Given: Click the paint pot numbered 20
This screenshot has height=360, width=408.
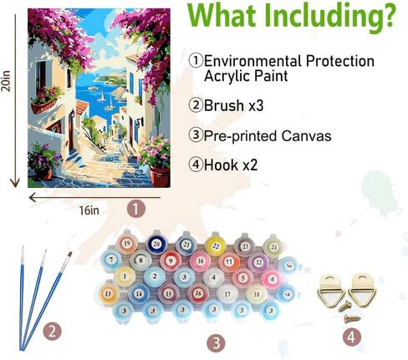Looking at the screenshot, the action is click(x=156, y=244).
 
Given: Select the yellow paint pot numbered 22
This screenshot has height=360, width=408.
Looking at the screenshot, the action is click(x=216, y=245).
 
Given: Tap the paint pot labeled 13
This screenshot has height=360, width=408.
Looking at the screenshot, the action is click(x=108, y=294).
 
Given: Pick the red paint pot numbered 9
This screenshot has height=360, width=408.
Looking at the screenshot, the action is click(x=171, y=261).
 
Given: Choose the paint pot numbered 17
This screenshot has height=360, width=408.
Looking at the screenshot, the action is click(x=227, y=294).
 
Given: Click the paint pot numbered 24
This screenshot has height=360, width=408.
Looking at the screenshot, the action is click(x=274, y=246).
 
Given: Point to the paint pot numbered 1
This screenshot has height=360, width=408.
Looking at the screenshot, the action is click(x=125, y=276).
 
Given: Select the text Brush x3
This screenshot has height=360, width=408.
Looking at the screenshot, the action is click(x=233, y=105).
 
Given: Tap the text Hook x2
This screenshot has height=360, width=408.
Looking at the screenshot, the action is click(x=231, y=165).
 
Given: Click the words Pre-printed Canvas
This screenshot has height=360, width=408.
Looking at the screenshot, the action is click(x=268, y=136).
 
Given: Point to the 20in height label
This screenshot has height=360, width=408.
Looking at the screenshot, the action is click(x=6, y=81).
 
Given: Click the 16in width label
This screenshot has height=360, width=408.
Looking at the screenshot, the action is click(x=89, y=210).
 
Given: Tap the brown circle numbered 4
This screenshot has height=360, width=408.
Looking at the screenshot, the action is click(x=352, y=337).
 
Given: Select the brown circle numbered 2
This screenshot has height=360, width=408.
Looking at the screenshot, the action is click(x=53, y=332).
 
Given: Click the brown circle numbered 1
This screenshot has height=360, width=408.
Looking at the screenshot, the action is click(x=136, y=209).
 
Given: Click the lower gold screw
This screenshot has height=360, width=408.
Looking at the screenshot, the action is click(x=352, y=318).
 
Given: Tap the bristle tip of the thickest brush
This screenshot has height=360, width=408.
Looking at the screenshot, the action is click(x=69, y=255).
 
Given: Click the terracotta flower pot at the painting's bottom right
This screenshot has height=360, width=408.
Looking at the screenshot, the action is click(x=160, y=177).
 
